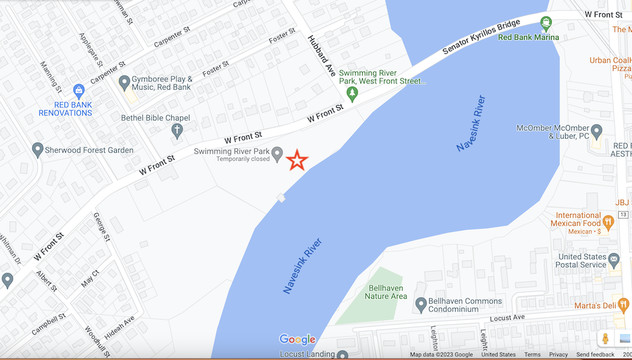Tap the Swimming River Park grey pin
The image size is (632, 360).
277,154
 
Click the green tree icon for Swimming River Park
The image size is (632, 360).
353,94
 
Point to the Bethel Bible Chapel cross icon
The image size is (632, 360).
178,131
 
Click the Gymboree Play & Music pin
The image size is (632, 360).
125,81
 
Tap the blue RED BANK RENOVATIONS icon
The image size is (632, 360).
78,91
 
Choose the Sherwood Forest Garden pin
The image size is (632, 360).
37,150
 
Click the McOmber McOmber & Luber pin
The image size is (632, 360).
596,130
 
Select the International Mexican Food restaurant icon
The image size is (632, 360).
608,222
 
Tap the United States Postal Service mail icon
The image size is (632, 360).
613,258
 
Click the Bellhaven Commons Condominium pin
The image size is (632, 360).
421,304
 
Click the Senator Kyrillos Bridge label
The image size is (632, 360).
481,37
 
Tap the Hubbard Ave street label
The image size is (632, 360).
321,56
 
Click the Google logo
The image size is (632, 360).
297,340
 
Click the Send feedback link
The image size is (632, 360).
595,355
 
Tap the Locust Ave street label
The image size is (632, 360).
507,317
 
